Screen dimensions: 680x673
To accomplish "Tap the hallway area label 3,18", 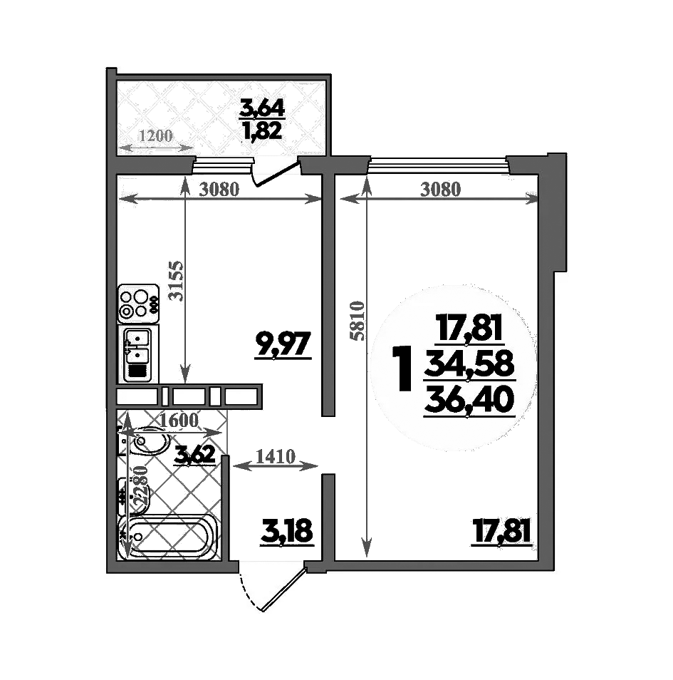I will point(287,532).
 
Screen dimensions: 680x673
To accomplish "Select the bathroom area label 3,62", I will point(195,455).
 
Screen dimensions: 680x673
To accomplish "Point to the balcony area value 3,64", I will point(263,109).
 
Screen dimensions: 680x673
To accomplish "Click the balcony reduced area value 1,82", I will point(263,130).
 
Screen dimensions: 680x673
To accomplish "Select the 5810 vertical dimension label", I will point(358,321).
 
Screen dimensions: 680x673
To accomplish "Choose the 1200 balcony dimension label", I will point(155,136).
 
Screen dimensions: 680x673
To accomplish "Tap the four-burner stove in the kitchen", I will point(138,302).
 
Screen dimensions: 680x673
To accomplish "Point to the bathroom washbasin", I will point(152,442).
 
